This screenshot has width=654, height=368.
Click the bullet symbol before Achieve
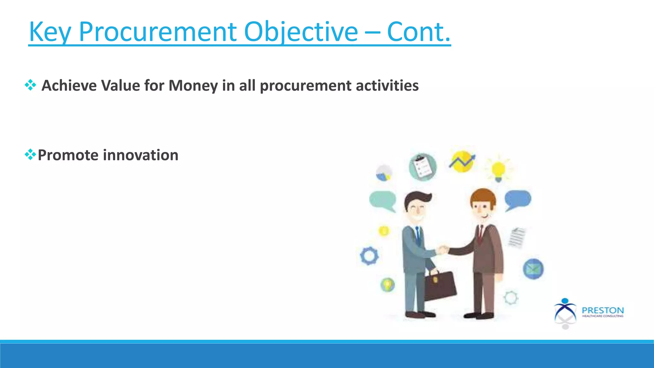[30, 85]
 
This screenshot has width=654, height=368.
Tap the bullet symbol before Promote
[30, 155]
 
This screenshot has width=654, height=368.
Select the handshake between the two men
[443, 249]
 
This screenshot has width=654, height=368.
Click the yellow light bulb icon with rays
[498, 170]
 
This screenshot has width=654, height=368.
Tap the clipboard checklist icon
[423, 167]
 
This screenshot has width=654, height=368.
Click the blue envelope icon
[533, 269]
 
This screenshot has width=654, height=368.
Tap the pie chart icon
[384, 173]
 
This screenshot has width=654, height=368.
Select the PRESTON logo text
[602, 310]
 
